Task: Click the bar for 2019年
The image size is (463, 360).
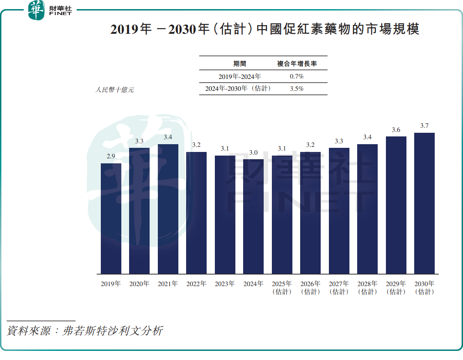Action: click(111, 219)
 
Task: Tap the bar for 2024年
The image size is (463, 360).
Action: click(253, 216)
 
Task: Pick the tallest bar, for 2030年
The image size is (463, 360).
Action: click(424, 203)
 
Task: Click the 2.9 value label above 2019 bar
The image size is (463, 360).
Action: click(111, 157)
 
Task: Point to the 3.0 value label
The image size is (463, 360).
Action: click(253, 152)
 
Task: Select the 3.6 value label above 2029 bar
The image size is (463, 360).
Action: click(396, 130)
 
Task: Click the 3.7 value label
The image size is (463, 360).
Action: click(424, 126)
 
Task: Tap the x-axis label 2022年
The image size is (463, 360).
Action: click(196, 284)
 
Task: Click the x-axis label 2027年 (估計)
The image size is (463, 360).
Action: click(339, 287)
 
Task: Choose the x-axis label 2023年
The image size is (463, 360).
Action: click(225, 284)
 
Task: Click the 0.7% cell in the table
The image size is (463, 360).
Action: click(297, 76)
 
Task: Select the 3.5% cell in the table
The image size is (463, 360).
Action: click(297, 89)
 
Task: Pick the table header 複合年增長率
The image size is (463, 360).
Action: click(297, 64)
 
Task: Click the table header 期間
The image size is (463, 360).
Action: click(239, 64)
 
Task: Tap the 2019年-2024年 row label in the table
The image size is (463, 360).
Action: click(240, 76)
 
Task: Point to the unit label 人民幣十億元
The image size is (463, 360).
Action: click(114, 90)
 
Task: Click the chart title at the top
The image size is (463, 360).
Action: click(265, 30)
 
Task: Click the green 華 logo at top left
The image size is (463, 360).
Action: click(36, 10)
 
